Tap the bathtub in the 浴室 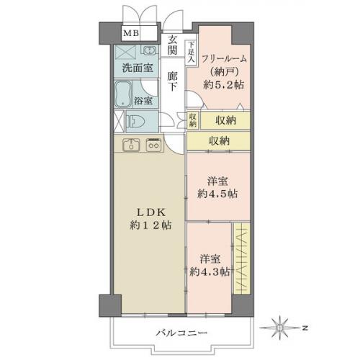click(x=123, y=93)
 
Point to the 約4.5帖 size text click(x=218, y=194)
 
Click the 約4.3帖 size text click(x=210, y=271)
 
